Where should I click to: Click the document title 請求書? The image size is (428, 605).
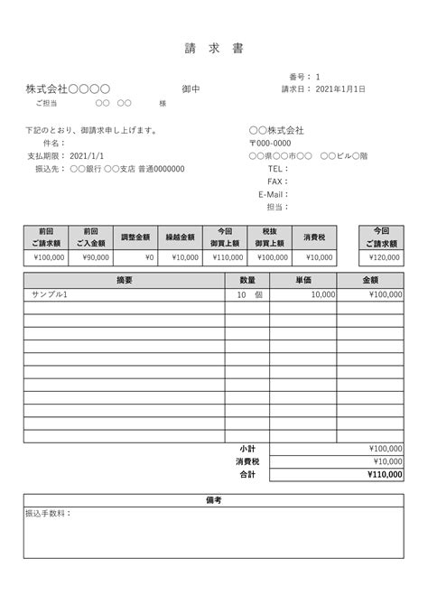[213, 47]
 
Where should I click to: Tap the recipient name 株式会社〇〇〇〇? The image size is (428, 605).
[68, 89]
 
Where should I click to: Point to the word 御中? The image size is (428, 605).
[191, 89]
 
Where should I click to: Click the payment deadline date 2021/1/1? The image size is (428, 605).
[86, 155]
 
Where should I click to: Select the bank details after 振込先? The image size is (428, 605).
[127, 168]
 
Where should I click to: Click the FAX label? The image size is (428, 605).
[276, 181]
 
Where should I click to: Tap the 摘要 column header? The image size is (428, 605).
[124, 281]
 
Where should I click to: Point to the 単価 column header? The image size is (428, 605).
[303, 281]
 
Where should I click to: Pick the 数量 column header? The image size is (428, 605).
[247, 281]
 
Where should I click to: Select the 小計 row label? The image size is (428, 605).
[247, 448]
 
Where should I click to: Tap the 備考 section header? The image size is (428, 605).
[213, 499]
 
